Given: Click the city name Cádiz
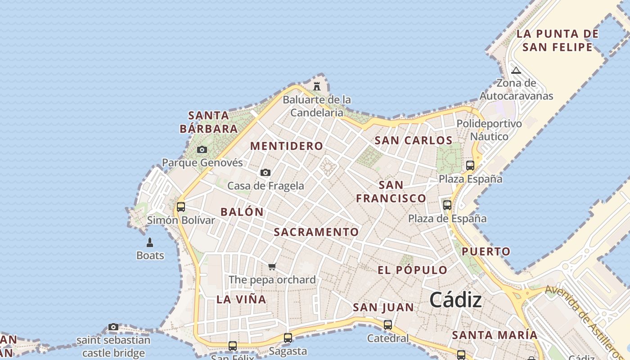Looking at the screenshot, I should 455,300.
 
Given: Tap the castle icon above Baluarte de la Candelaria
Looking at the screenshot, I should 317,85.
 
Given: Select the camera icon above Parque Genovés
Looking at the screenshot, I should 202,149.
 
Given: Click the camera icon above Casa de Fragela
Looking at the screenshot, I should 265,172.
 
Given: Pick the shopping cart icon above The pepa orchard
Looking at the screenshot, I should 272,266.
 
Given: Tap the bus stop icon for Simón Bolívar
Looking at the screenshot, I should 181,207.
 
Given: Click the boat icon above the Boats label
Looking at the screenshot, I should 150,243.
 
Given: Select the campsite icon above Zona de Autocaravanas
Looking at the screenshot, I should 516,70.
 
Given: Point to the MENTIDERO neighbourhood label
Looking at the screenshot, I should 287,146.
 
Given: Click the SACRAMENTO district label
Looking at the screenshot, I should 316,232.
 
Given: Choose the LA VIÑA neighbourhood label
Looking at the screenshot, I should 241,300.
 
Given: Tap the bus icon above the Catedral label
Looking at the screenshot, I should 387,324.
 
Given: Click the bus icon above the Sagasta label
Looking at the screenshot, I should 288,337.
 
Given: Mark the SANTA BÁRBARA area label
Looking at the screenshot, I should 209,122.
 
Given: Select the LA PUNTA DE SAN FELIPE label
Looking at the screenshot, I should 558,40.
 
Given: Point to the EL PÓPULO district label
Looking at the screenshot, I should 413,270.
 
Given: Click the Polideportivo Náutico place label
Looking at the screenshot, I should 489,130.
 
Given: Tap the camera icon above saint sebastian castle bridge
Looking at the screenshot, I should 113,327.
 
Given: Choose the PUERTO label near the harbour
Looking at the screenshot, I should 486,252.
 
